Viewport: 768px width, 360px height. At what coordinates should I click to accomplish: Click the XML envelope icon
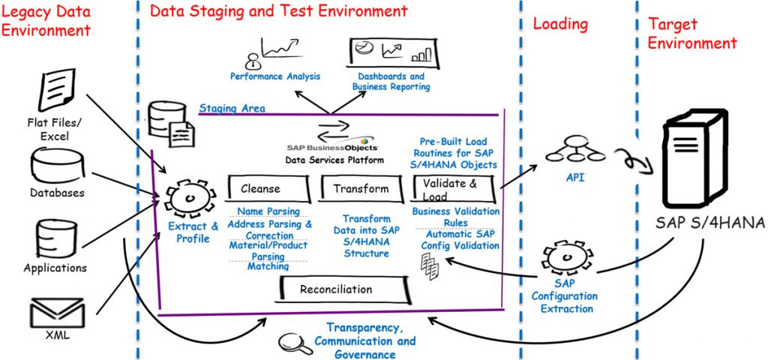[x=56, y=312]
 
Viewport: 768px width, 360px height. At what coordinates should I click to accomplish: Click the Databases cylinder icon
[x=57, y=164]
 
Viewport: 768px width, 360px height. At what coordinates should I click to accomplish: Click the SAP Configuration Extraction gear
[x=563, y=259]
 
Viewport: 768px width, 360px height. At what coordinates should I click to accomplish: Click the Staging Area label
[x=232, y=109]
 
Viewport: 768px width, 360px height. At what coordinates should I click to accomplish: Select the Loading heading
[x=560, y=24]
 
